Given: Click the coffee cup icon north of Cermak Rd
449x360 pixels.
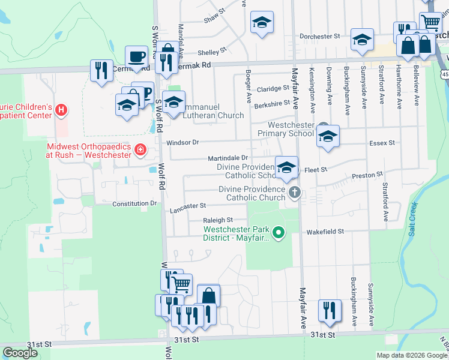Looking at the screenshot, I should click(x=136, y=57).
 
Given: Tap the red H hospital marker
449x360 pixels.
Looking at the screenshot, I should click(x=60, y=110).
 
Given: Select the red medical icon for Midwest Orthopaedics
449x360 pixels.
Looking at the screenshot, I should click(x=140, y=149).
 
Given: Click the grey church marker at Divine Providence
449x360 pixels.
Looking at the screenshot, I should click(x=294, y=193).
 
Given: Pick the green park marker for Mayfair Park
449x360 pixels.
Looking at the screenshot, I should click(x=278, y=232).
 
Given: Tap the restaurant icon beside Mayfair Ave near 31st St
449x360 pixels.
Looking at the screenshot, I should click(x=330, y=310).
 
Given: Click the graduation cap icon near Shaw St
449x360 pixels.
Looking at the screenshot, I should click(x=261, y=23).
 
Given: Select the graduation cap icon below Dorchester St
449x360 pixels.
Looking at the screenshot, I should click(x=361, y=40).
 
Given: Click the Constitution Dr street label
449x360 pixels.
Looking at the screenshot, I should click(x=134, y=204).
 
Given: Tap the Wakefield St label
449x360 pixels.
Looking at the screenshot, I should click(x=325, y=231).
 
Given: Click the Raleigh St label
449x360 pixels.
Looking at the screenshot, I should click(x=217, y=220).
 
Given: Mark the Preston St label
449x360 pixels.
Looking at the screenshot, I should click(x=367, y=175).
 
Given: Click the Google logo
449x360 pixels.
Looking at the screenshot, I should click(x=20, y=353).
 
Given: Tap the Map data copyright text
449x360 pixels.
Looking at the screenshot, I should click(x=411, y=355).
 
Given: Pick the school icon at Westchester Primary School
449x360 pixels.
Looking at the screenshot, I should click(x=328, y=136).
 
